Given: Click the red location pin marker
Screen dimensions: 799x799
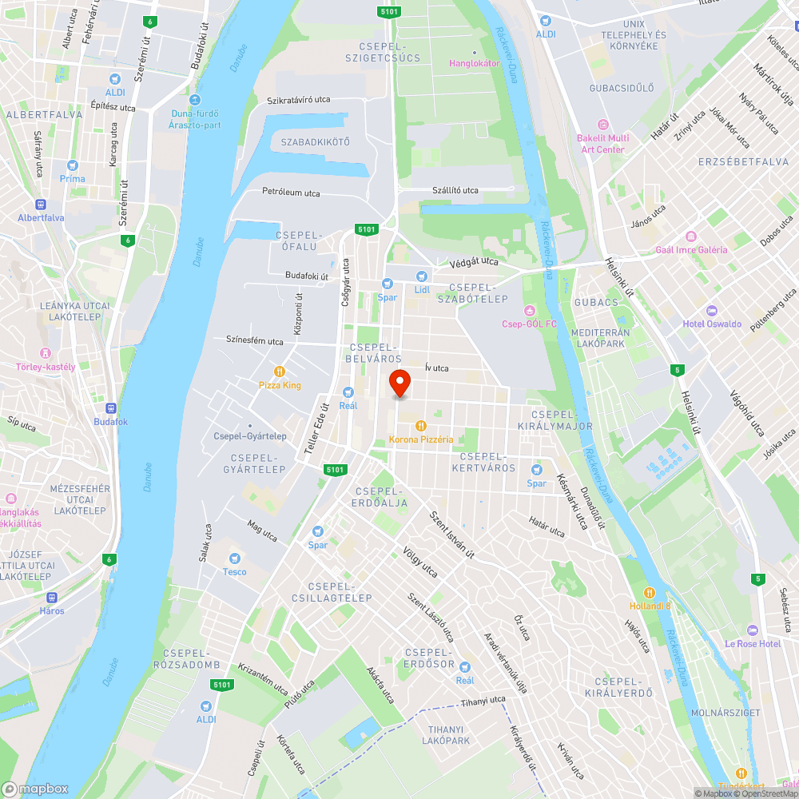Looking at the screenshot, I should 399,384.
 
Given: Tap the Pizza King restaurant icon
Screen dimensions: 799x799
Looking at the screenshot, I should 280,372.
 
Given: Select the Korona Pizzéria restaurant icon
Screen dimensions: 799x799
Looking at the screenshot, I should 420,426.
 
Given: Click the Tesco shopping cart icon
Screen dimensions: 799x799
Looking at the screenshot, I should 235,559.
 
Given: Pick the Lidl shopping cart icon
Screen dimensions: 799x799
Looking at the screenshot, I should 421,276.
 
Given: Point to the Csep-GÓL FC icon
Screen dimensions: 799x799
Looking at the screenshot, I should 529,310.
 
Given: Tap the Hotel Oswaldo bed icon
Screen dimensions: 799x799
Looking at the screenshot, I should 712,310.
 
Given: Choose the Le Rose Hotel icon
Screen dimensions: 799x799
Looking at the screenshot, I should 752,630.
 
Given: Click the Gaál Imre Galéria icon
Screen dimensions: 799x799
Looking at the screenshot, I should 691,237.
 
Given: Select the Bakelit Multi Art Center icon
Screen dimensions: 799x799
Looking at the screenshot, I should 602,125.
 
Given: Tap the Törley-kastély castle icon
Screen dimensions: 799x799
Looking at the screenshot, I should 46,353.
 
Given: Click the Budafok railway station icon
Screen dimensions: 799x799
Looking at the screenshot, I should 110,408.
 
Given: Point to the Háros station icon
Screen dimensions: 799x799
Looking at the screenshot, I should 53,597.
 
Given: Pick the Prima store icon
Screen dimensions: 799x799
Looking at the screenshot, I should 73,165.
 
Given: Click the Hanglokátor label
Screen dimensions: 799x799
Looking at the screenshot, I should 475,63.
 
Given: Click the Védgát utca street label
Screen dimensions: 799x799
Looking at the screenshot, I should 475,261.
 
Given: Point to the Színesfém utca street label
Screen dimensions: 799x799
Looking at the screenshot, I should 254,341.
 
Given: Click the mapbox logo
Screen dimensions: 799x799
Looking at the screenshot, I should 35,789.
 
